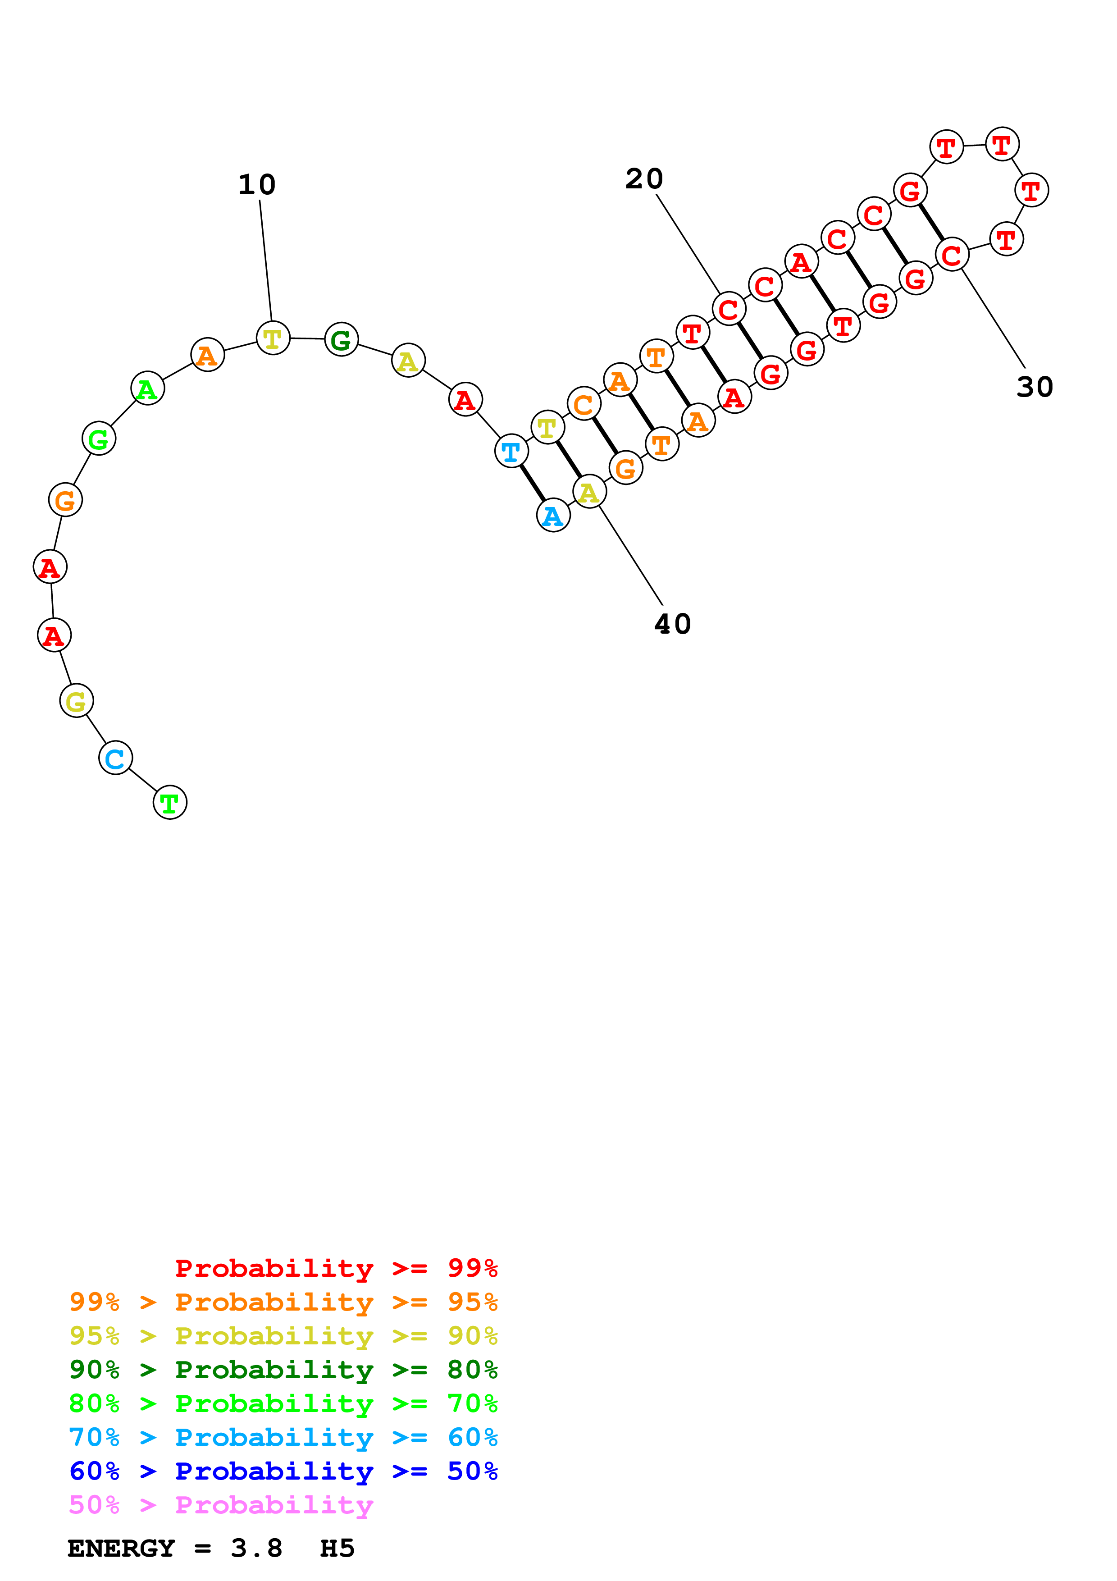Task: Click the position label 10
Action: [x=257, y=184]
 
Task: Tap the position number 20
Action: [x=644, y=179]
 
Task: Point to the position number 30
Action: [x=1035, y=387]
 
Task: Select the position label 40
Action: [x=672, y=624]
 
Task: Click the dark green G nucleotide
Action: [x=342, y=339]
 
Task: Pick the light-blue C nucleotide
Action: [x=116, y=758]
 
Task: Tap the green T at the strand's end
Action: [x=170, y=802]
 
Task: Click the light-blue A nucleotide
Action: [x=553, y=516]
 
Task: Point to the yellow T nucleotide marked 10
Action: [x=273, y=338]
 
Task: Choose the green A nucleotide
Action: [x=147, y=389]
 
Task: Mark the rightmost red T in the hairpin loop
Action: [x=1031, y=191]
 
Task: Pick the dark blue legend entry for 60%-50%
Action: [x=283, y=1471]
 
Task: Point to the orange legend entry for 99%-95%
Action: [x=283, y=1302]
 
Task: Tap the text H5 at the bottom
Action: [x=337, y=1548]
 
